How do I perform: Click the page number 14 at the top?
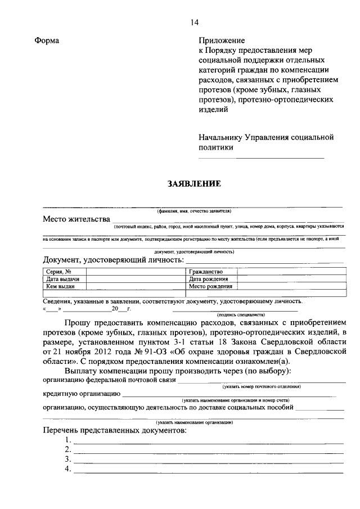click(x=194, y=22)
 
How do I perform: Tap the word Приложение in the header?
click(x=222, y=41)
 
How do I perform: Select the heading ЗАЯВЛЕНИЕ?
click(x=193, y=184)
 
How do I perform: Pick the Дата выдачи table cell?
click(x=62, y=279)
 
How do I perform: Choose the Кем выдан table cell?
click(x=61, y=286)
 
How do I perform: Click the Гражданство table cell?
click(x=206, y=272)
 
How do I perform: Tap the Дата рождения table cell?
click(x=208, y=279)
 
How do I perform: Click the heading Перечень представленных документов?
click(x=114, y=430)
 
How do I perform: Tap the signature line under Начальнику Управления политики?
click(x=262, y=158)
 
